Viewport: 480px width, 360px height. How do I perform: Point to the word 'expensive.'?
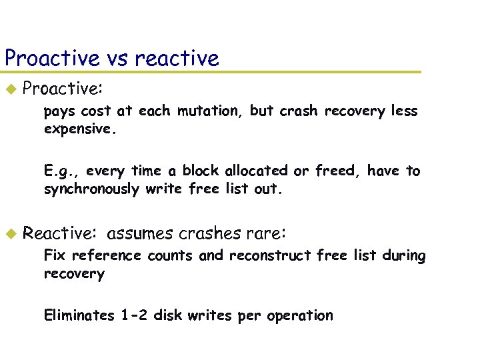81,129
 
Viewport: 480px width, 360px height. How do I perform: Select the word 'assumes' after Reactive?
139,233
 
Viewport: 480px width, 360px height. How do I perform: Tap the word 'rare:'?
267,233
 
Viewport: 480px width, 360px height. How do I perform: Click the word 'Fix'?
55,255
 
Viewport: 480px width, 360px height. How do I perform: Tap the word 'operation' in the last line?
300,316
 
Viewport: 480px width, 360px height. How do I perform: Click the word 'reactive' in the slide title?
177,59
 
